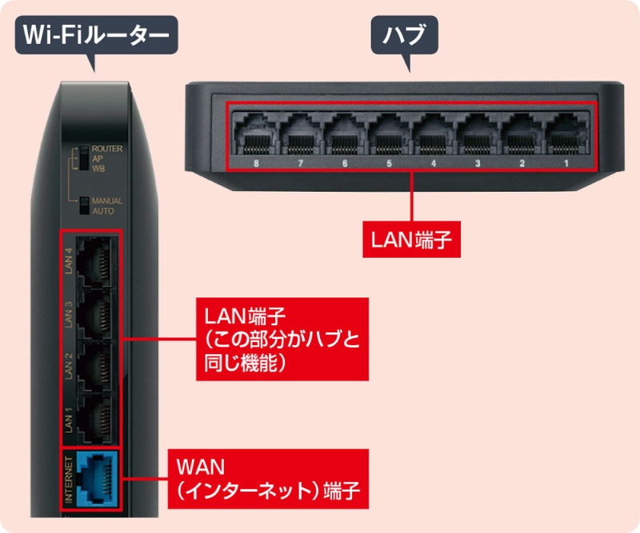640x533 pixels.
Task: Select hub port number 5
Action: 388,136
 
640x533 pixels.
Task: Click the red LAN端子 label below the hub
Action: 411,240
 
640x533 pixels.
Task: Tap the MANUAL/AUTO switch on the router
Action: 82,205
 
